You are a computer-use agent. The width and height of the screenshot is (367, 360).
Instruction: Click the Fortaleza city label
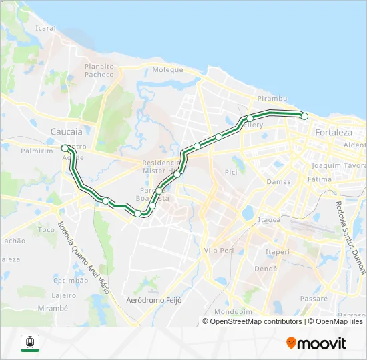[x=334, y=132]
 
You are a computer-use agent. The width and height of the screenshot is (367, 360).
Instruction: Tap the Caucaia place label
[x=67, y=132]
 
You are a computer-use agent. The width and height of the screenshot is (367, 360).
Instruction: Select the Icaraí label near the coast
[x=45, y=29]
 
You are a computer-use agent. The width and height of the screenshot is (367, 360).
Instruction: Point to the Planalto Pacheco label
[x=99, y=70]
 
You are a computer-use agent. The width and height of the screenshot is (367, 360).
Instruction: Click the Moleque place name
[x=167, y=69]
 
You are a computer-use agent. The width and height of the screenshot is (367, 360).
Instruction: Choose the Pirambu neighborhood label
[x=274, y=98]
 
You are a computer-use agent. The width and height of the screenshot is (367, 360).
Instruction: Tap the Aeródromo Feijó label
[x=155, y=301]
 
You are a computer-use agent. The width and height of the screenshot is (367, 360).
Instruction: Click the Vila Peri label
[x=218, y=251]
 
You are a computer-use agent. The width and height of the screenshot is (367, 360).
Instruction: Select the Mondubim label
[x=229, y=312]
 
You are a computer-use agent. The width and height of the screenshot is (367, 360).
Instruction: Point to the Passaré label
[x=314, y=299]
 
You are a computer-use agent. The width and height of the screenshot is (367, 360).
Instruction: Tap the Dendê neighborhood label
[x=266, y=269]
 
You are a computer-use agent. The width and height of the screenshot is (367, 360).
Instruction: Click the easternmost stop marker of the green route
[x=305, y=116]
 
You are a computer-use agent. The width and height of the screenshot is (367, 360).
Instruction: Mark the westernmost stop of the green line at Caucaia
[x=64, y=147]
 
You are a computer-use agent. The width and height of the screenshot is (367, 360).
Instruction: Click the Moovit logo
[x=316, y=343]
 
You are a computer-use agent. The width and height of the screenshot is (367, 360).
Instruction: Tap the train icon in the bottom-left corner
[x=30, y=343]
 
